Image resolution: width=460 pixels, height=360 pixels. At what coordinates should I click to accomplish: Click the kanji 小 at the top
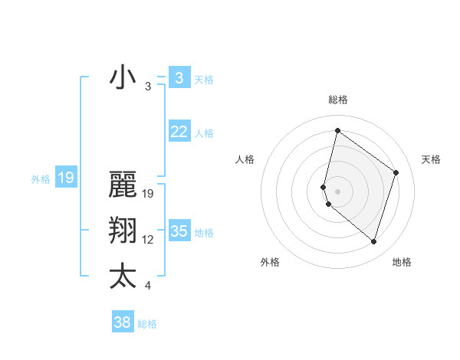point(123,79)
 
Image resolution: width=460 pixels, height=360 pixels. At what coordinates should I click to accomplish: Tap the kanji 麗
point(123,186)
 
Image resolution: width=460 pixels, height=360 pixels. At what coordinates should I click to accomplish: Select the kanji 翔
point(123,231)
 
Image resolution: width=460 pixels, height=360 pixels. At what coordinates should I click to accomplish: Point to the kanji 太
point(123,277)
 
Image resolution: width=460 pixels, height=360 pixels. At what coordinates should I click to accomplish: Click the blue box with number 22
point(179,132)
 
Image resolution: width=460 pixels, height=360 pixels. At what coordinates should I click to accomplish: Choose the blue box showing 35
point(179,231)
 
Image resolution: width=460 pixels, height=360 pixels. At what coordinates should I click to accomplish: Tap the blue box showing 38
point(123,322)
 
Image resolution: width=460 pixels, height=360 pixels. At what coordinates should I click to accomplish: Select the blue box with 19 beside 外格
point(65,178)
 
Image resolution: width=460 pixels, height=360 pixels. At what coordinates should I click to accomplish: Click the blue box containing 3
point(179,77)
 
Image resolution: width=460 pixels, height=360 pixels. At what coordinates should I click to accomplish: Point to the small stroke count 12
point(148,240)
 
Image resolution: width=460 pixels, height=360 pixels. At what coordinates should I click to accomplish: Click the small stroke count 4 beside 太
point(148,286)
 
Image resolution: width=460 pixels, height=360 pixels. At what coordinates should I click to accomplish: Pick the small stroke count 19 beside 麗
point(148,194)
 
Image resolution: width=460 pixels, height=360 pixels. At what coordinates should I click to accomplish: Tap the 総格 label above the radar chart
point(337,100)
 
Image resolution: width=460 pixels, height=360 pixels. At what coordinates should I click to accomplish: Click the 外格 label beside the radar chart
point(270,262)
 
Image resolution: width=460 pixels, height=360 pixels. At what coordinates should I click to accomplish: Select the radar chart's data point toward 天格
point(396,172)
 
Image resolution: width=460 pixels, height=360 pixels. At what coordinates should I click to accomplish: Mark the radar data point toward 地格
point(373,241)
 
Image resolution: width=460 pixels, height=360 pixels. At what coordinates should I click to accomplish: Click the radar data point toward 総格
point(337,131)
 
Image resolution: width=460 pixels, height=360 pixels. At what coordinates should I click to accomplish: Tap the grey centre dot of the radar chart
point(337,190)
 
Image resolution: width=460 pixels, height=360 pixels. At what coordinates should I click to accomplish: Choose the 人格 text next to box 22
point(204,133)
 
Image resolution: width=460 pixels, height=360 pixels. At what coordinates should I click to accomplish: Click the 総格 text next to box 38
point(147,324)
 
